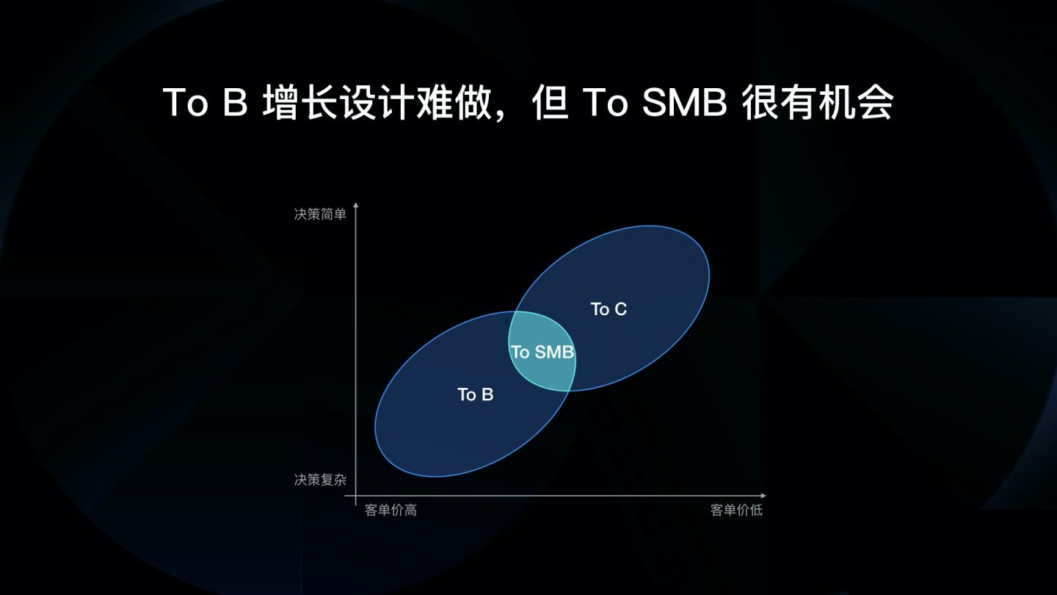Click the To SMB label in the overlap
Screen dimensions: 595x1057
pyautogui.click(x=542, y=353)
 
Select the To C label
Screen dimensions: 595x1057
pyautogui.click(x=609, y=309)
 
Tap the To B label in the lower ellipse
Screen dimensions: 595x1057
pyautogui.click(x=475, y=395)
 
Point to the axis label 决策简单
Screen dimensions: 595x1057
pyautogui.click(x=320, y=214)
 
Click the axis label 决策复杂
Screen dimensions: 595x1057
pyautogui.click(x=320, y=480)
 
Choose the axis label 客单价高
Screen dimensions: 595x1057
pyautogui.click(x=391, y=511)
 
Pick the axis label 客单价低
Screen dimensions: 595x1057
pyautogui.click(x=736, y=511)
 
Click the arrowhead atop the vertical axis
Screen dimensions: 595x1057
pyautogui.click(x=355, y=206)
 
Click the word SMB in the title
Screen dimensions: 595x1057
pyautogui.click(x=683, y=104)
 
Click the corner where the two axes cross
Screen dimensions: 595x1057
pyautogui.click(x=355, y=496)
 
